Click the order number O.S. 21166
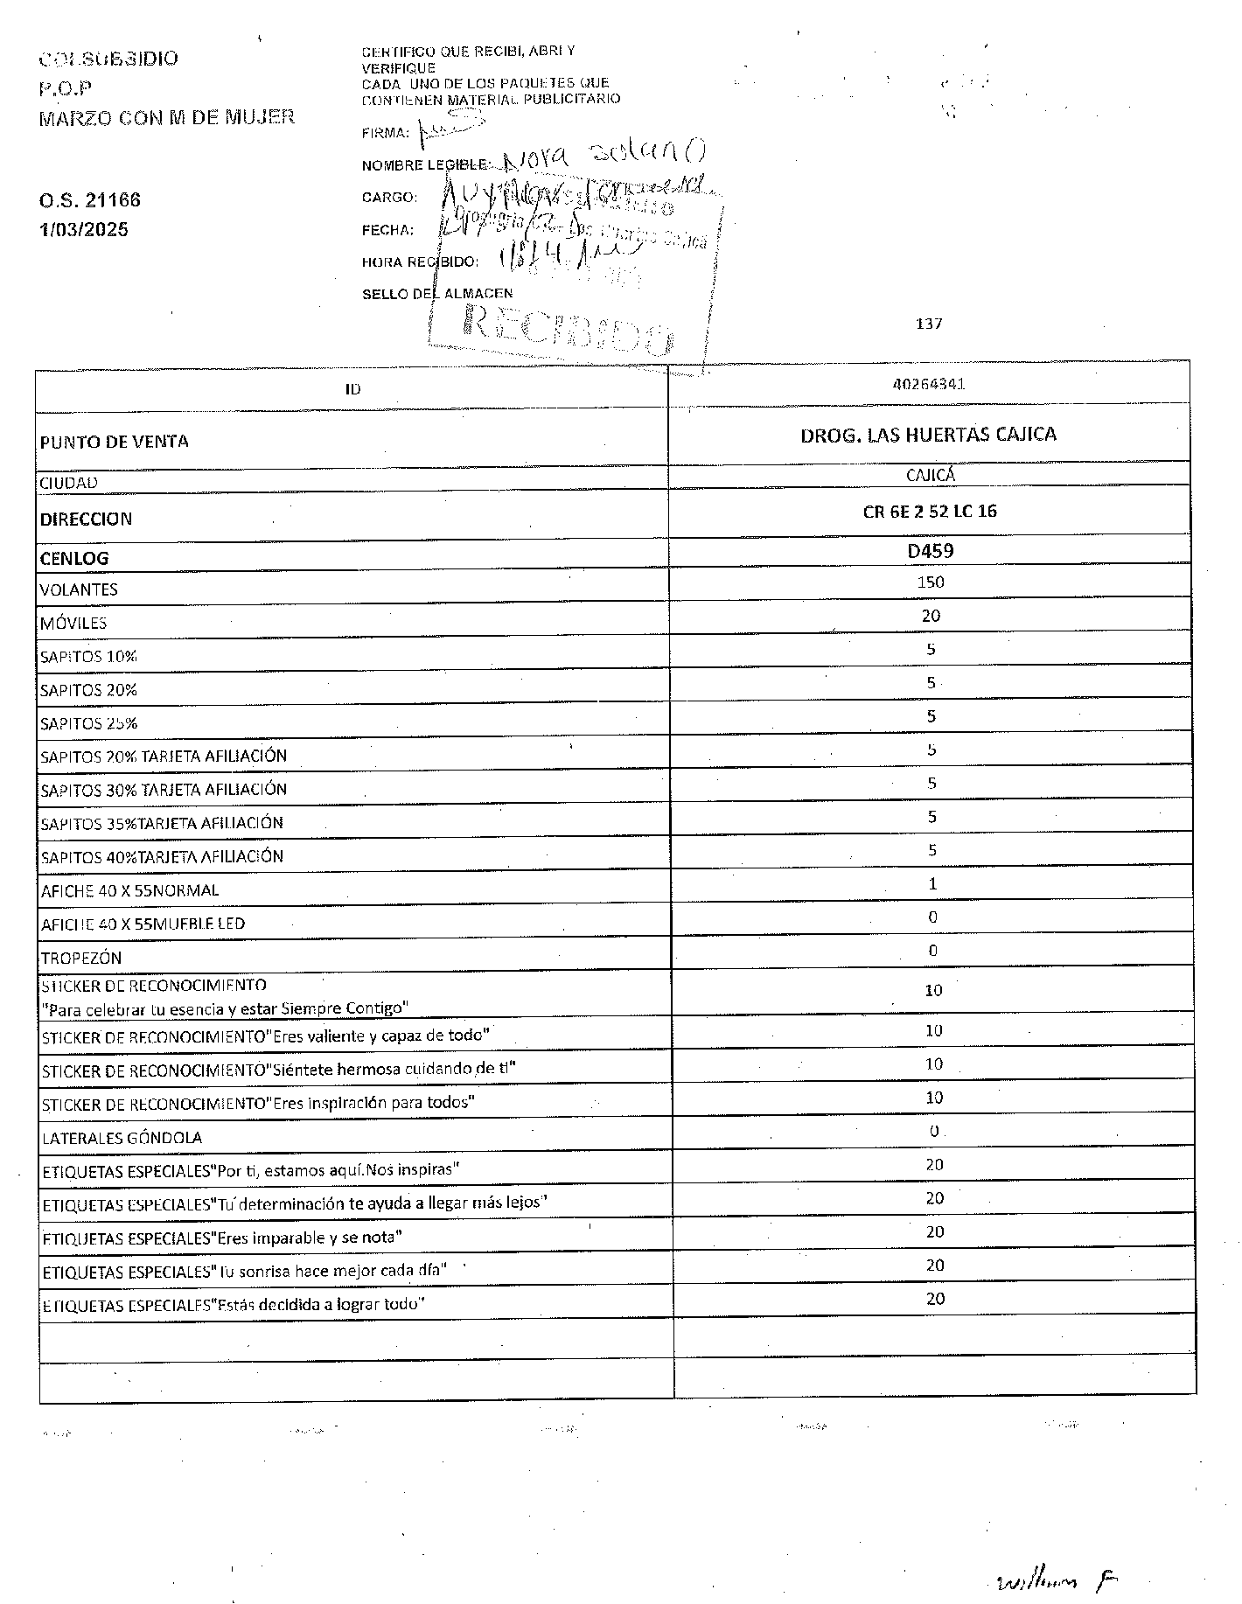point(89,200)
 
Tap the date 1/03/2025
point(83,230)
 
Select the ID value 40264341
point(929,384)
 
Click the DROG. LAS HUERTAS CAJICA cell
point(928,435)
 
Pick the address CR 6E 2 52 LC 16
point(929,512)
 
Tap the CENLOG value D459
point(930,551)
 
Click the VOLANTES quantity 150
point(930,582)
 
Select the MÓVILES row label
point(73,624)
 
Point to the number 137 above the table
point(929,324)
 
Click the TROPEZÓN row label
point(80,958)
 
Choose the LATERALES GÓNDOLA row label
point(122,1138)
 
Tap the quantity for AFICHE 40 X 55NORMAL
point(932,884)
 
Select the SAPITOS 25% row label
point(88,724)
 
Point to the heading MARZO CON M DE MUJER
point(166,117)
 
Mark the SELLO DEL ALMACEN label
point(437,294)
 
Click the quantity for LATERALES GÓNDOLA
point(933,1131)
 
